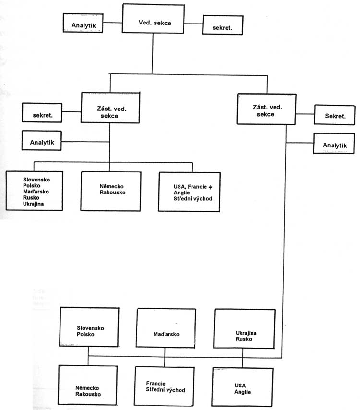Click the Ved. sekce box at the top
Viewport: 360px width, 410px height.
153,19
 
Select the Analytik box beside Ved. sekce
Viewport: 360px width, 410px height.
83,23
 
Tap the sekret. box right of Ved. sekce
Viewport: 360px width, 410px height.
223,25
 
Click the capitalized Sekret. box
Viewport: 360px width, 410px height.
335,115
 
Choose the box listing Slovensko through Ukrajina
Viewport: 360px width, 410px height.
35,191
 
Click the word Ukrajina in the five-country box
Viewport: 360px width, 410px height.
33,204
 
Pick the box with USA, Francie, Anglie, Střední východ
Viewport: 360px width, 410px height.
189,192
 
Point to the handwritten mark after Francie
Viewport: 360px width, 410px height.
210,187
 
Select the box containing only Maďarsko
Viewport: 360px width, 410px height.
166,328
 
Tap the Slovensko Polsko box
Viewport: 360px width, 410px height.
89,327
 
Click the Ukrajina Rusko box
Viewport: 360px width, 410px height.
244,329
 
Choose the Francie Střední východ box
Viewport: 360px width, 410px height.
165,386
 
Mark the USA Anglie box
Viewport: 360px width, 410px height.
242,387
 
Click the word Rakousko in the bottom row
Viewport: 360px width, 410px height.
88,394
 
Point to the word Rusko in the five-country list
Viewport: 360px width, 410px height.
31,198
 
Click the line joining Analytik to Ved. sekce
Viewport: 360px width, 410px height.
113,23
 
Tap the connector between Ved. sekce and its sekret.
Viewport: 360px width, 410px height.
193,24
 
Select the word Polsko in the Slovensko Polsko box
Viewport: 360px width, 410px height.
85,334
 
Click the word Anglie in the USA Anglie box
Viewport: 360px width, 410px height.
242,392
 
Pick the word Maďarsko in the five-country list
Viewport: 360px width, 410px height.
36,192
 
